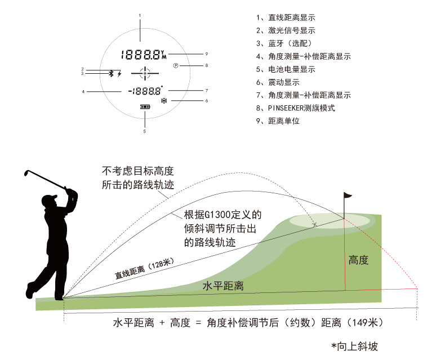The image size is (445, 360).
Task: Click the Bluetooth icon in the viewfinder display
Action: (111, 73)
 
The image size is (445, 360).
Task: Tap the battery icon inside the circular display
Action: (145, 107)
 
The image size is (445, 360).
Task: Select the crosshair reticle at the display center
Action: (145, 73)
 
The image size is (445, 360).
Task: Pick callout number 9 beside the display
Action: (207, 54)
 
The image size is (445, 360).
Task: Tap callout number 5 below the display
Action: (144, 131)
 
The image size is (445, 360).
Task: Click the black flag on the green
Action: (348, 196)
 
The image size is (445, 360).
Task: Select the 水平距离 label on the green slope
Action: (223, 286)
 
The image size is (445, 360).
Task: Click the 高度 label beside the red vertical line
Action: (358, 260)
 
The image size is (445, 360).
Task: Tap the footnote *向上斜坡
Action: (354, 346)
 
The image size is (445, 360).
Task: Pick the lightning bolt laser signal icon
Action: (119, 73)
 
